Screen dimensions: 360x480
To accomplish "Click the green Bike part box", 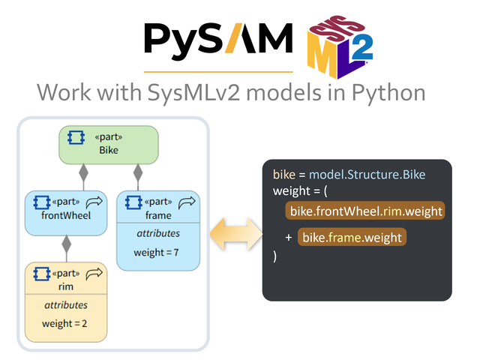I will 109,145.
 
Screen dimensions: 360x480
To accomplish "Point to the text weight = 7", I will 157,252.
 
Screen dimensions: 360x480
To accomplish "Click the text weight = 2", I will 66,323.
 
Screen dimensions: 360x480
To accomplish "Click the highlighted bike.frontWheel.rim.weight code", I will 365,211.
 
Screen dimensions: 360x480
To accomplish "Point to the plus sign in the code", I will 288,238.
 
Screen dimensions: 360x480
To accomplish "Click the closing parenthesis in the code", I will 275,256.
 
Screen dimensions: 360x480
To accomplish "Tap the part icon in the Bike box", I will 76,138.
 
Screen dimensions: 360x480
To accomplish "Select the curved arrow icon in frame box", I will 187,202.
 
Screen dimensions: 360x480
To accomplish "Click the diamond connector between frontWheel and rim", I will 67,244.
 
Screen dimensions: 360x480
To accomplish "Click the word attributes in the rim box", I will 66,304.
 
